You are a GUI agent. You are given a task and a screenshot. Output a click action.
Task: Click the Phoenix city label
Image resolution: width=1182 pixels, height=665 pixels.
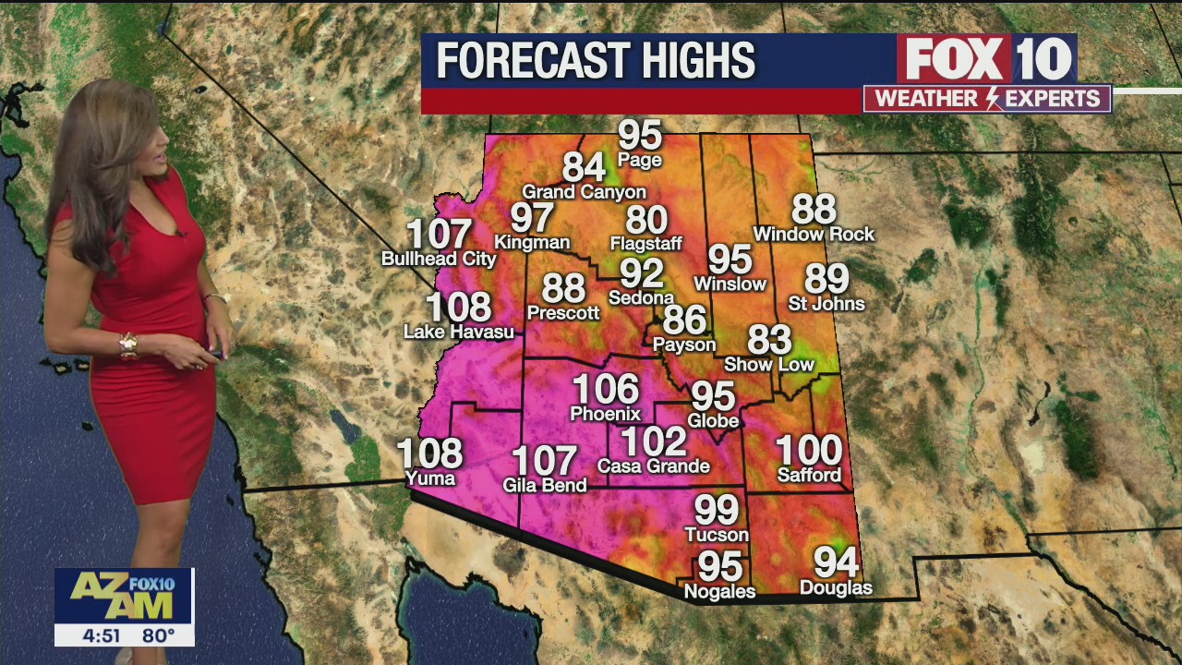(x=605, y=414)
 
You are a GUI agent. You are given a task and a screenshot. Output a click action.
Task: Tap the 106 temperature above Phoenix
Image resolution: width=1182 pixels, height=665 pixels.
(x=605, y=389)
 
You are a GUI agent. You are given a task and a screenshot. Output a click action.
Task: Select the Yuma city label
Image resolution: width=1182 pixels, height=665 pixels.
(x=430, y=478)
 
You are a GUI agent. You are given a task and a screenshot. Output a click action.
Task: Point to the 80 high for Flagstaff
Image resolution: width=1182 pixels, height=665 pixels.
(x=646, y=220)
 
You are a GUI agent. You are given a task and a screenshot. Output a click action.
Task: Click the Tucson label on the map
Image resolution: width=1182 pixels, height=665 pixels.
(x=717, y=535)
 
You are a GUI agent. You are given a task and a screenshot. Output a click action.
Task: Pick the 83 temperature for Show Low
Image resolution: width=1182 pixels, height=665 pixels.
(x=769, y=340)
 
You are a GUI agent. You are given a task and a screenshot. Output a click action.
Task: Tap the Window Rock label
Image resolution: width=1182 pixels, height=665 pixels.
(x=814, y=235)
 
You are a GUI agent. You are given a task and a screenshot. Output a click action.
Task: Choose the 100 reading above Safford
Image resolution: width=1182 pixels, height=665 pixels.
(x=809, y=451)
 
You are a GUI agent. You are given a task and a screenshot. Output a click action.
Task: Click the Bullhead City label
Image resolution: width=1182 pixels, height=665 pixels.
(x=439, y=259)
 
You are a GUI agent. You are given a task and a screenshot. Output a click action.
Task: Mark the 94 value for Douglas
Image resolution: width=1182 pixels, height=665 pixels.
(x=836, y=562)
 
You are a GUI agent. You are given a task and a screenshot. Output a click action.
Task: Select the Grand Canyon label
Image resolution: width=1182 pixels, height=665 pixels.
(x=584, y=192)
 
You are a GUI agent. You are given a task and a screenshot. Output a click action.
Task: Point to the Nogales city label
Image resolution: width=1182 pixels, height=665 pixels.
(x=719, y=591)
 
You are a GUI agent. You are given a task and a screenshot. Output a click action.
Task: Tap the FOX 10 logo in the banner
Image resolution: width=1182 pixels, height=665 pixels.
(x=987, y=59)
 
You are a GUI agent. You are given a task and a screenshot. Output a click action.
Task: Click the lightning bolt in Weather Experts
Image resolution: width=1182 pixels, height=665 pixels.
(x=994, y=99)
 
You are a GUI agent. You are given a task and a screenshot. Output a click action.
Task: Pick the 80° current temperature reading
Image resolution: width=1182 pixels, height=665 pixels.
(x=158, y=635)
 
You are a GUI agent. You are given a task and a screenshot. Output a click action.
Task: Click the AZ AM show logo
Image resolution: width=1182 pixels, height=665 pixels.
(x=123, y=595)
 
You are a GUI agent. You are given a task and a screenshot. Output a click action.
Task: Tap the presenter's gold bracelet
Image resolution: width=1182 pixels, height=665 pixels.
(x=128, y=345)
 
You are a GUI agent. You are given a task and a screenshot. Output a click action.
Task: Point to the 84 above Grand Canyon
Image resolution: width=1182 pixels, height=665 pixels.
(x=584, y=167)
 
